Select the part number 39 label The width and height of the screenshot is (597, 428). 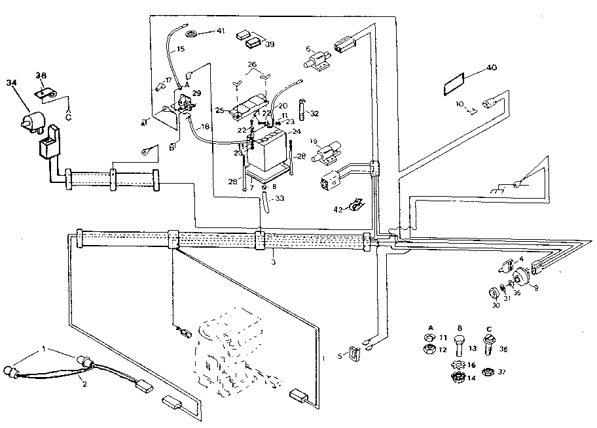point(270,44)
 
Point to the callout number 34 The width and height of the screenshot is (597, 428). point(11,82)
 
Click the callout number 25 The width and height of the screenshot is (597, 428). point(220,110)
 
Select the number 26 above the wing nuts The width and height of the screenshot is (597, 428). point(252,64)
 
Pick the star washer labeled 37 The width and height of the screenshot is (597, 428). point(486,372)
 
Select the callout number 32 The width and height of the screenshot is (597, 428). point(315,113)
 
